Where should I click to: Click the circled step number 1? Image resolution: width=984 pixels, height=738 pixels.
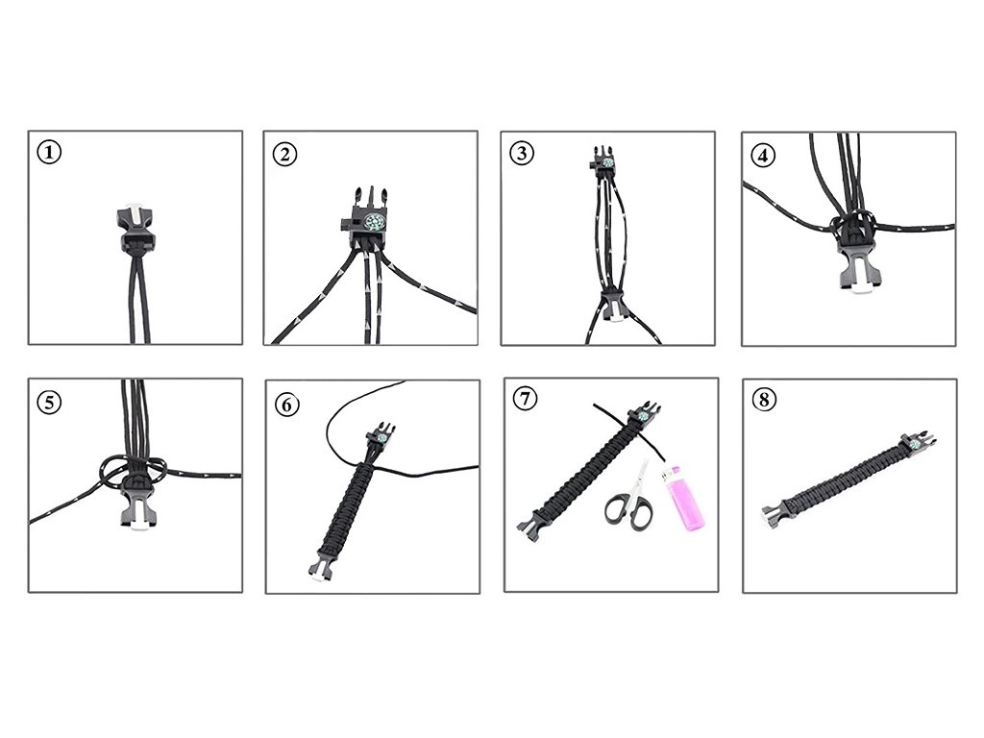(50, 152)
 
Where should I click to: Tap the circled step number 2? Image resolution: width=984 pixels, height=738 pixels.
(284, 154)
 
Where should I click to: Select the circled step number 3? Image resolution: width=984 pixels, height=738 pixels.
(522, 153)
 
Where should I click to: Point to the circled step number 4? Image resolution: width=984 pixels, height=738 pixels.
(763, 155)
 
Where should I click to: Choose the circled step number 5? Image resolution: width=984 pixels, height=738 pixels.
(50, 402)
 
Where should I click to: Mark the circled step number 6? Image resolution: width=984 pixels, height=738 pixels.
(286, 405)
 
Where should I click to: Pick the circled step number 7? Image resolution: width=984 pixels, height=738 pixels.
(526, 399)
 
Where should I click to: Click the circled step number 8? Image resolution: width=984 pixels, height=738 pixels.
(764, 400)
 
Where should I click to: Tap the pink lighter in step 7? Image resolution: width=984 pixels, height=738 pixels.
(684, 499)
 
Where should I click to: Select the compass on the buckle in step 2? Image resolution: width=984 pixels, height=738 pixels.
(373, 222)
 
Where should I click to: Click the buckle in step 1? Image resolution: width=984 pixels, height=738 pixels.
(135, 225)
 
